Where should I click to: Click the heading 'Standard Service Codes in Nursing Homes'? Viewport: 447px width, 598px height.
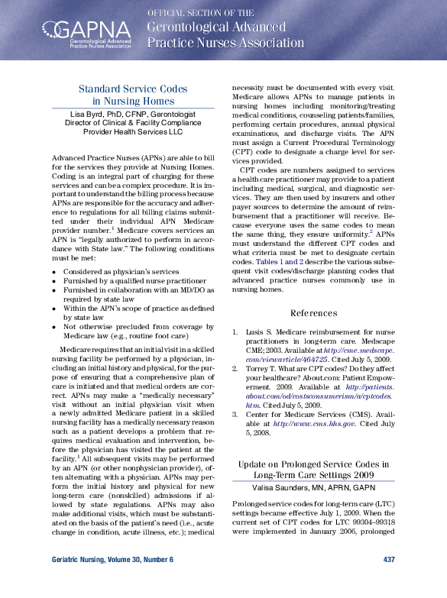(133, 95)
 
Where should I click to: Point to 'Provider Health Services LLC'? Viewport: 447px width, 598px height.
(133, 131)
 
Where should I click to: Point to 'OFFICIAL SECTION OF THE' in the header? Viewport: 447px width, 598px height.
(200, 13)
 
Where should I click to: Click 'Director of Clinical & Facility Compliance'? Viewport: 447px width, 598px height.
(133, 122)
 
